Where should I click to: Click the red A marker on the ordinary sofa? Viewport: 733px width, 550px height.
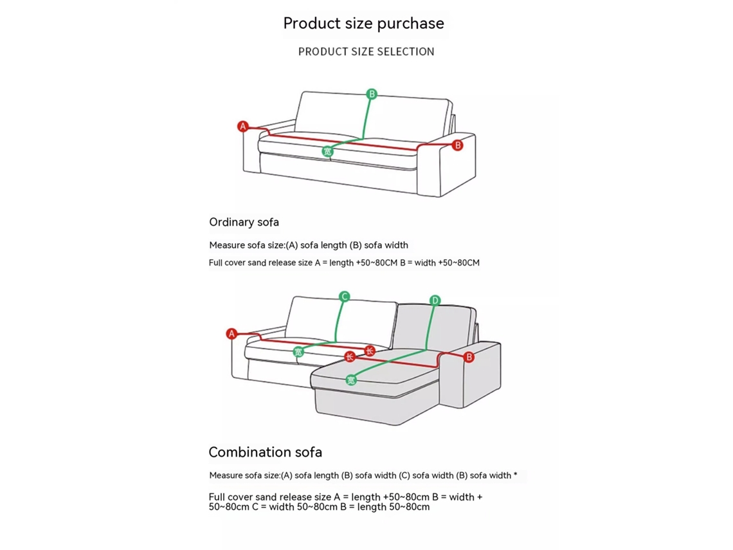click(242, 126)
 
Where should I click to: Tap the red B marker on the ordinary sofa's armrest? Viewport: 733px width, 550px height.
click(458, 145)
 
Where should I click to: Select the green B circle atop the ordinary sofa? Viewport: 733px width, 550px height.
click(372, 94)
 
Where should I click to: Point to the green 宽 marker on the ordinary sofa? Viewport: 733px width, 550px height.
click(327, 151)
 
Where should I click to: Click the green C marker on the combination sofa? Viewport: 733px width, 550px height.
click(344, 297)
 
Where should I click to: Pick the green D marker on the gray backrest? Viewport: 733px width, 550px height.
click(435, 300)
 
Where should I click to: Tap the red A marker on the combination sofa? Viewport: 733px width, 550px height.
click(231, 334)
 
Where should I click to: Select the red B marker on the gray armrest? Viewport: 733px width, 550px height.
click(468, 357)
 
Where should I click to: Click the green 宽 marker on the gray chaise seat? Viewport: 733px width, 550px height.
click(350, 380)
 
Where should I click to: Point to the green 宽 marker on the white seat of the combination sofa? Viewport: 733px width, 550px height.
click(298, 352)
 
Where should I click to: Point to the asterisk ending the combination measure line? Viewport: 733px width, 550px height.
click(515, 474)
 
